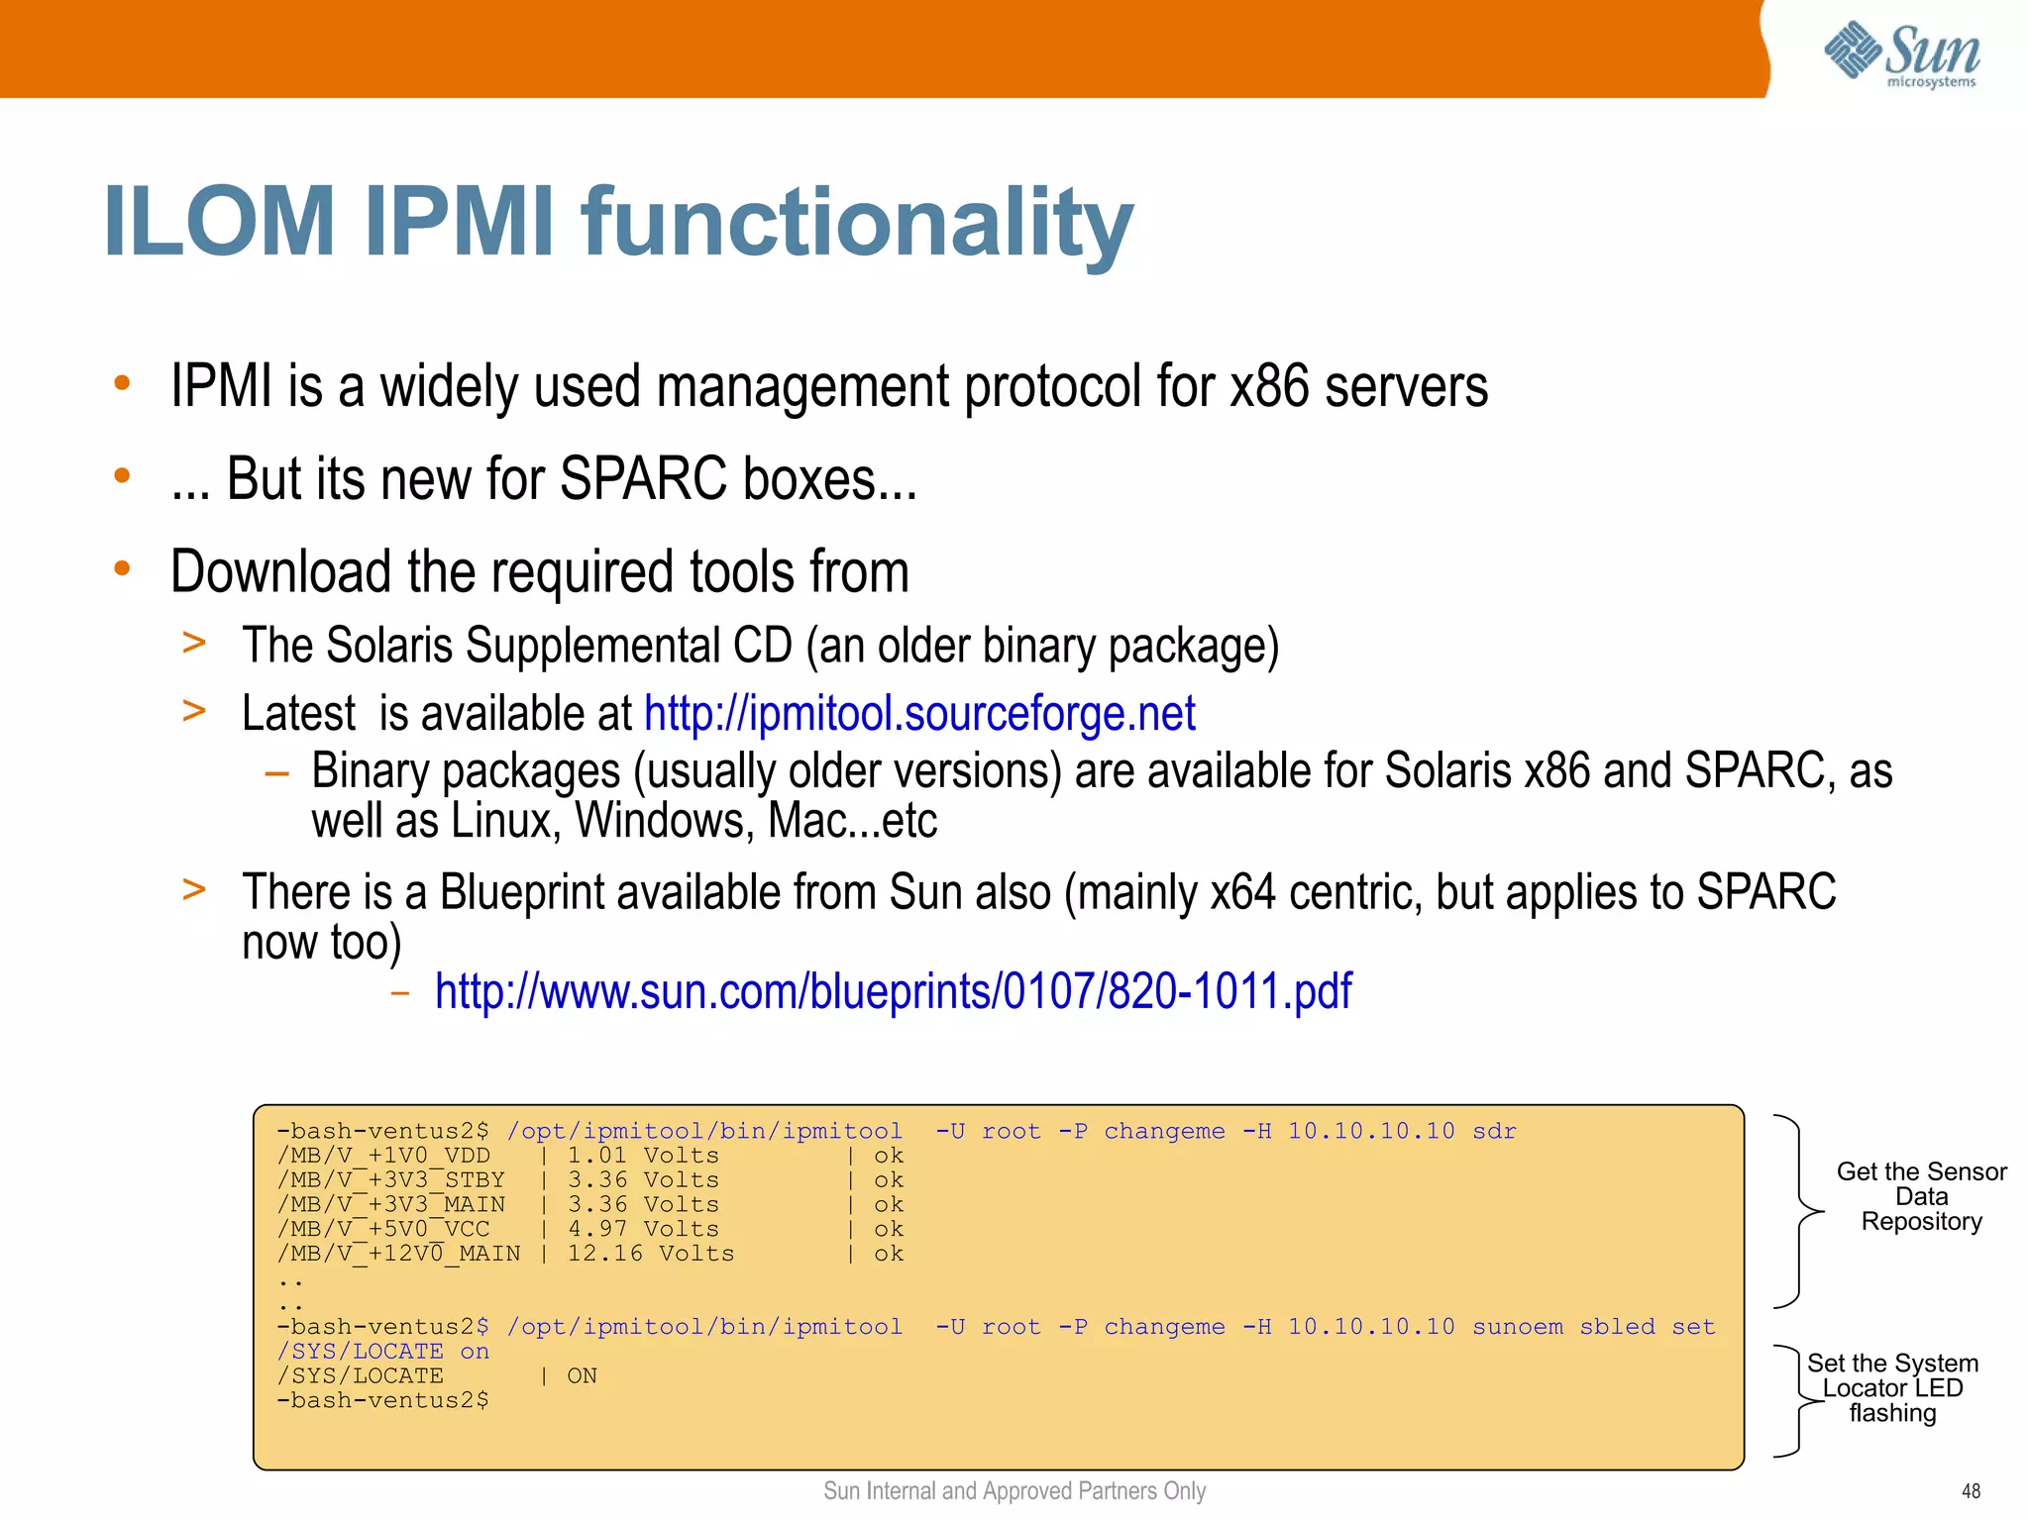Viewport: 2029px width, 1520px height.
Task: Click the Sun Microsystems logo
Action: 1902,54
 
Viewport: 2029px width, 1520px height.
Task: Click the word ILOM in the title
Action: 219,222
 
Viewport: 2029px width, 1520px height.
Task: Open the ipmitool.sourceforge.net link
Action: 919,713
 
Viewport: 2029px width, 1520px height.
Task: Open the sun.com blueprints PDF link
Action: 893,991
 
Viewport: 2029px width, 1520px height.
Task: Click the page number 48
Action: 1971,1491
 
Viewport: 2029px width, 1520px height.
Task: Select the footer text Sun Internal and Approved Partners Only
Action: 1014,1491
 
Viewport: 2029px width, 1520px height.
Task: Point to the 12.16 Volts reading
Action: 650,1254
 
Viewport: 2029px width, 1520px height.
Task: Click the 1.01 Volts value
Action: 642,1156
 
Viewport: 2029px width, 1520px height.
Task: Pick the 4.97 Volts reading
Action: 642,1229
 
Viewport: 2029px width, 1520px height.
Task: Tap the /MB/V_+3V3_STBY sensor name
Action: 390,1180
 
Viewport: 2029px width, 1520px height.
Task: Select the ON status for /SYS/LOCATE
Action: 582,1376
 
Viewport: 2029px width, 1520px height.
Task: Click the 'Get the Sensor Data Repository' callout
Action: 1921,1196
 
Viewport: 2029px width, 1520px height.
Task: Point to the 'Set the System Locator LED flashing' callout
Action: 1892,1388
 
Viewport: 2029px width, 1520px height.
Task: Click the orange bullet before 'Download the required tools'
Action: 122,568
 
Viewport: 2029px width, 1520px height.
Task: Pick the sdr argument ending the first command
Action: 1494,1131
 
